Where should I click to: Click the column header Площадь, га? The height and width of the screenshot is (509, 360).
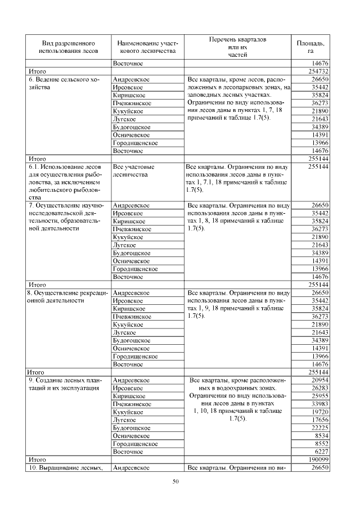point(310,47)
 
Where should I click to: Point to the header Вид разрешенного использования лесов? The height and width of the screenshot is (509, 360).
point(69,47)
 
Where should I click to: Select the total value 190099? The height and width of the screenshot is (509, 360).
point(318,460)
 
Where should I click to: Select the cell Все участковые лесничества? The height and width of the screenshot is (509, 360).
point(134,171)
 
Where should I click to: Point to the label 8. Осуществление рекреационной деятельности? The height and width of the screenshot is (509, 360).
point(63,296)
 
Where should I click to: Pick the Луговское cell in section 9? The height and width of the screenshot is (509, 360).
point(125,420)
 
